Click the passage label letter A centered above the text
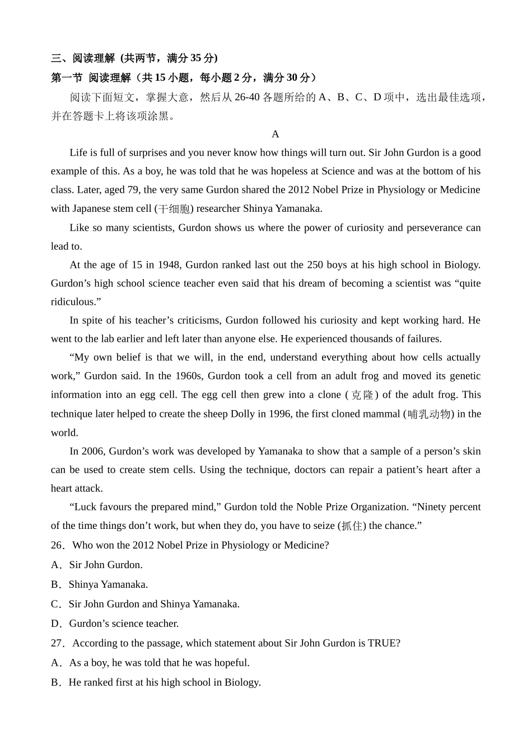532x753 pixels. (275, 134)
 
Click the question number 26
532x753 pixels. (58, 545)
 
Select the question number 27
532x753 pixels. (58, 643)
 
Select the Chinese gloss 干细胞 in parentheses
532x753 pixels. (175, 209)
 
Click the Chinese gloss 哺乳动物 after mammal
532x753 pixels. (429, 414)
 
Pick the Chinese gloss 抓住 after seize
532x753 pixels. (352, 526)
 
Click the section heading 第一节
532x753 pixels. (67, 77)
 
